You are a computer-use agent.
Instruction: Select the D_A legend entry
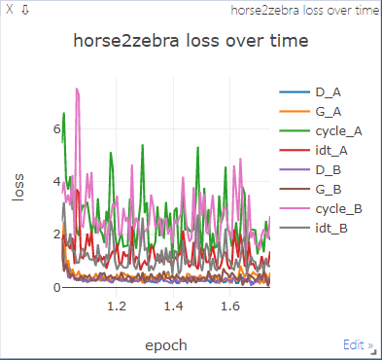(328, 92)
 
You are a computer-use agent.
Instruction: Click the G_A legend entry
(328, 112)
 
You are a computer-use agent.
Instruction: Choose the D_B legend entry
(328, 170)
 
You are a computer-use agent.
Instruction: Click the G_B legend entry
(328, 190)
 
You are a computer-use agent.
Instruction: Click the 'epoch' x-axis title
(165, 345)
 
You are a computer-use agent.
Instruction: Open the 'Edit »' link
(358, 345)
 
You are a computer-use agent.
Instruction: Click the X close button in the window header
(10, 9)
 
